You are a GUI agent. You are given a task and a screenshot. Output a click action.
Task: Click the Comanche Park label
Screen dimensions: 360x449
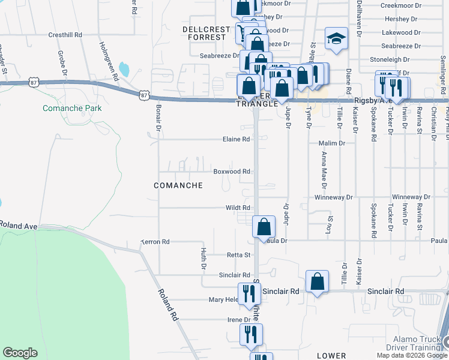(72, 108)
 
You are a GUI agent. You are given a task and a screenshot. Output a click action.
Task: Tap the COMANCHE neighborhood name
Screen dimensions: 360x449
(178, 185)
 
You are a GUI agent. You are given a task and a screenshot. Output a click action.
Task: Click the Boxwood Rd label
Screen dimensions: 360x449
(232, 171)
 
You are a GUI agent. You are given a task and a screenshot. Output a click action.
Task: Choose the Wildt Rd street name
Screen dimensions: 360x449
(238, 208)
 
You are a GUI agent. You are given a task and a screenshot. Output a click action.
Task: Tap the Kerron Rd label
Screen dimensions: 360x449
(156, 241)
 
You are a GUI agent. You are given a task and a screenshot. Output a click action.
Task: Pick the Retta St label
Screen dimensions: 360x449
(238, 255)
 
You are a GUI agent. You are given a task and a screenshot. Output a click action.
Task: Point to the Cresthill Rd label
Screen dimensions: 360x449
(65, 35)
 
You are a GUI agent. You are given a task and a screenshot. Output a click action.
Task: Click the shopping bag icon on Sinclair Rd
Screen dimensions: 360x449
(317, 281)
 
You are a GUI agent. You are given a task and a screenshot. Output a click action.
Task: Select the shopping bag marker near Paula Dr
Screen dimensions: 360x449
(264, 227)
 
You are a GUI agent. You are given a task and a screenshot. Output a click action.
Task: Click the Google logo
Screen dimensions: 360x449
(20, 352)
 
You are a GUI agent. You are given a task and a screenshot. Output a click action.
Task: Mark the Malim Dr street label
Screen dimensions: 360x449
(334, 143)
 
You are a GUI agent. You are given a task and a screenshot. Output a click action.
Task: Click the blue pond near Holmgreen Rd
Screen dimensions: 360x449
(124, 69)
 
